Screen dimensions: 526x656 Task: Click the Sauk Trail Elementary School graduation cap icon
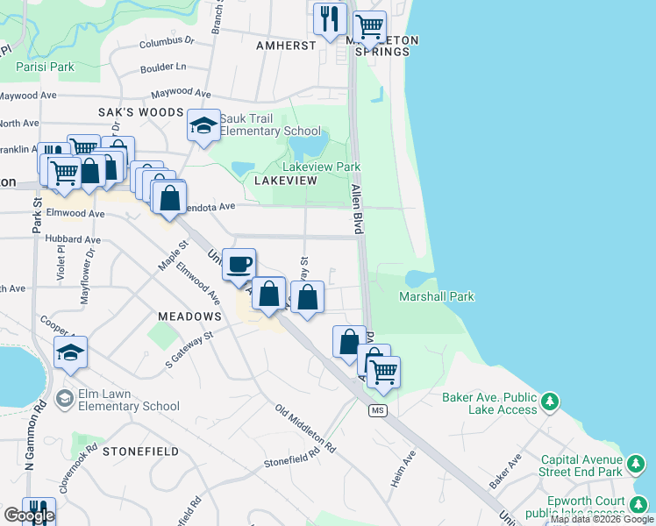point(203,125)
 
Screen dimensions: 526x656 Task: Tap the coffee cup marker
point(238,264)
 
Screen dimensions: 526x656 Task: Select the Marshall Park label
point(437,296)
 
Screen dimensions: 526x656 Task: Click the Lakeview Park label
point(321,167)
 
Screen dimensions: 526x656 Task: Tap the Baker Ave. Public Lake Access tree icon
point(550,402)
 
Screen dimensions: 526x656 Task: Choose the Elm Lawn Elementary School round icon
point(64,399)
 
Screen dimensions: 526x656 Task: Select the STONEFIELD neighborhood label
point(140,451)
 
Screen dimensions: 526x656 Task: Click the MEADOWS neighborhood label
point(189,316)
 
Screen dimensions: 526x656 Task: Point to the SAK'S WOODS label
point(140,112)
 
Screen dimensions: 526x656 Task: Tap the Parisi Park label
point(45,66)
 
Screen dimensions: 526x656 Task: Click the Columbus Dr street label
point(166,41)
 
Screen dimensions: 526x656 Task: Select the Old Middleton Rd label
point(305,429)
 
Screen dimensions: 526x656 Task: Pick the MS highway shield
point(378,410)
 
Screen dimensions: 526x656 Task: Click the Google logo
point(29,515)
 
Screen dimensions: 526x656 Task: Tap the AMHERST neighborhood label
point(286,46)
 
